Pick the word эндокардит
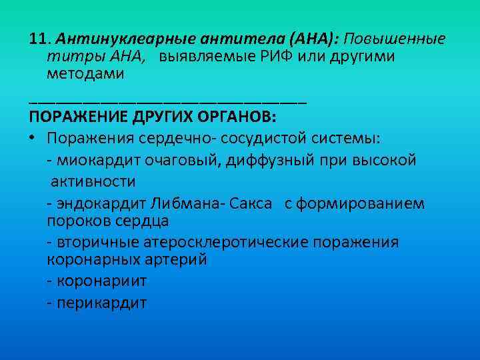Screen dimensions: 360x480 click(99, 203)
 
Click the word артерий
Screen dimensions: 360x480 click(177, 259)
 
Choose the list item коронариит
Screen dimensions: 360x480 click(101, 281)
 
